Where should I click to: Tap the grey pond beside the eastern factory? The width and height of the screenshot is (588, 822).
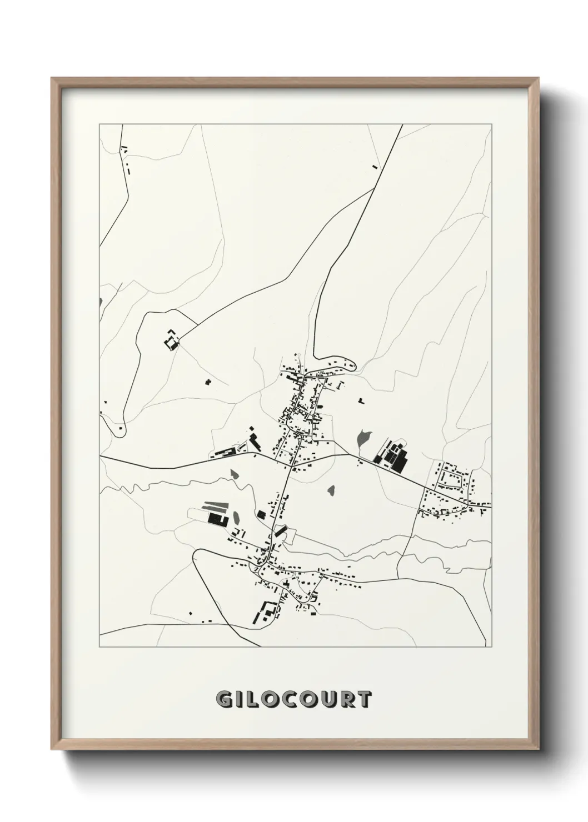tap(363, 438)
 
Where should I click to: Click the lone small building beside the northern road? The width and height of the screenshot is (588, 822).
tap(375, 166)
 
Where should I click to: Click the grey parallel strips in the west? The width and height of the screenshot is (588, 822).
tap(214, 507)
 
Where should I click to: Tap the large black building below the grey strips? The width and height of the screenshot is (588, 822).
tap(215, 519)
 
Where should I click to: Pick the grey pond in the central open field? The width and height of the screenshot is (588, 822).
tap(332, 491)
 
